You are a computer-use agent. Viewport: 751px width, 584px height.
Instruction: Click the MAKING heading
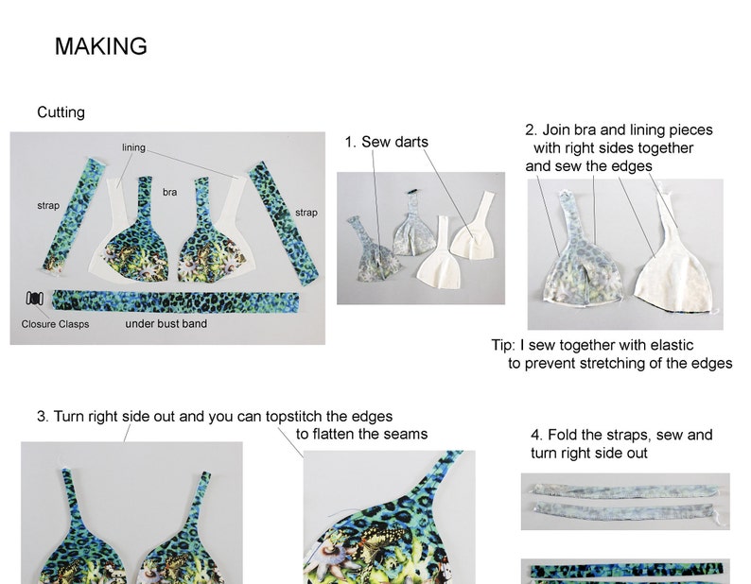pos(100,46)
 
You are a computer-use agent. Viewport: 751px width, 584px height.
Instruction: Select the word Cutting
pos(61,112)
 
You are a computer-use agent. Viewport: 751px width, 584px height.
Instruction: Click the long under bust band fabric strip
pos(175,301)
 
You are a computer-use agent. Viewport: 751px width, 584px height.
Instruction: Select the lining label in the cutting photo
pos(133,148)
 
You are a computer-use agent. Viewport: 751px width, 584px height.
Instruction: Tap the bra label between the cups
pos(169,192)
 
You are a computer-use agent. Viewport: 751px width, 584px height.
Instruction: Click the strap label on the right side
pos(306,213)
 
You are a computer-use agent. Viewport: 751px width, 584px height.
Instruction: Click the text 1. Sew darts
pos(386,142)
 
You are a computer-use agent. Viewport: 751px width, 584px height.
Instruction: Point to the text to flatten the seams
pos(361,434)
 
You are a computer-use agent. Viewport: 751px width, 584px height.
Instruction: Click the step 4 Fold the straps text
pos(621,435)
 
